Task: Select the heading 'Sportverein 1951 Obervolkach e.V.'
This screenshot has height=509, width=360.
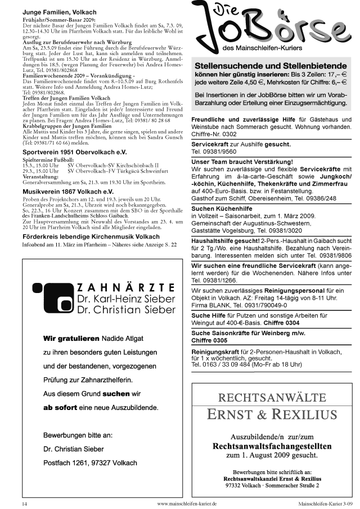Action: tap(74, 152)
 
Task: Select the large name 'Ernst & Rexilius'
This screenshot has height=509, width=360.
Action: tap(272, 415)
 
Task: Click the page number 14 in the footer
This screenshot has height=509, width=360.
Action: tap(24, 504)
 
